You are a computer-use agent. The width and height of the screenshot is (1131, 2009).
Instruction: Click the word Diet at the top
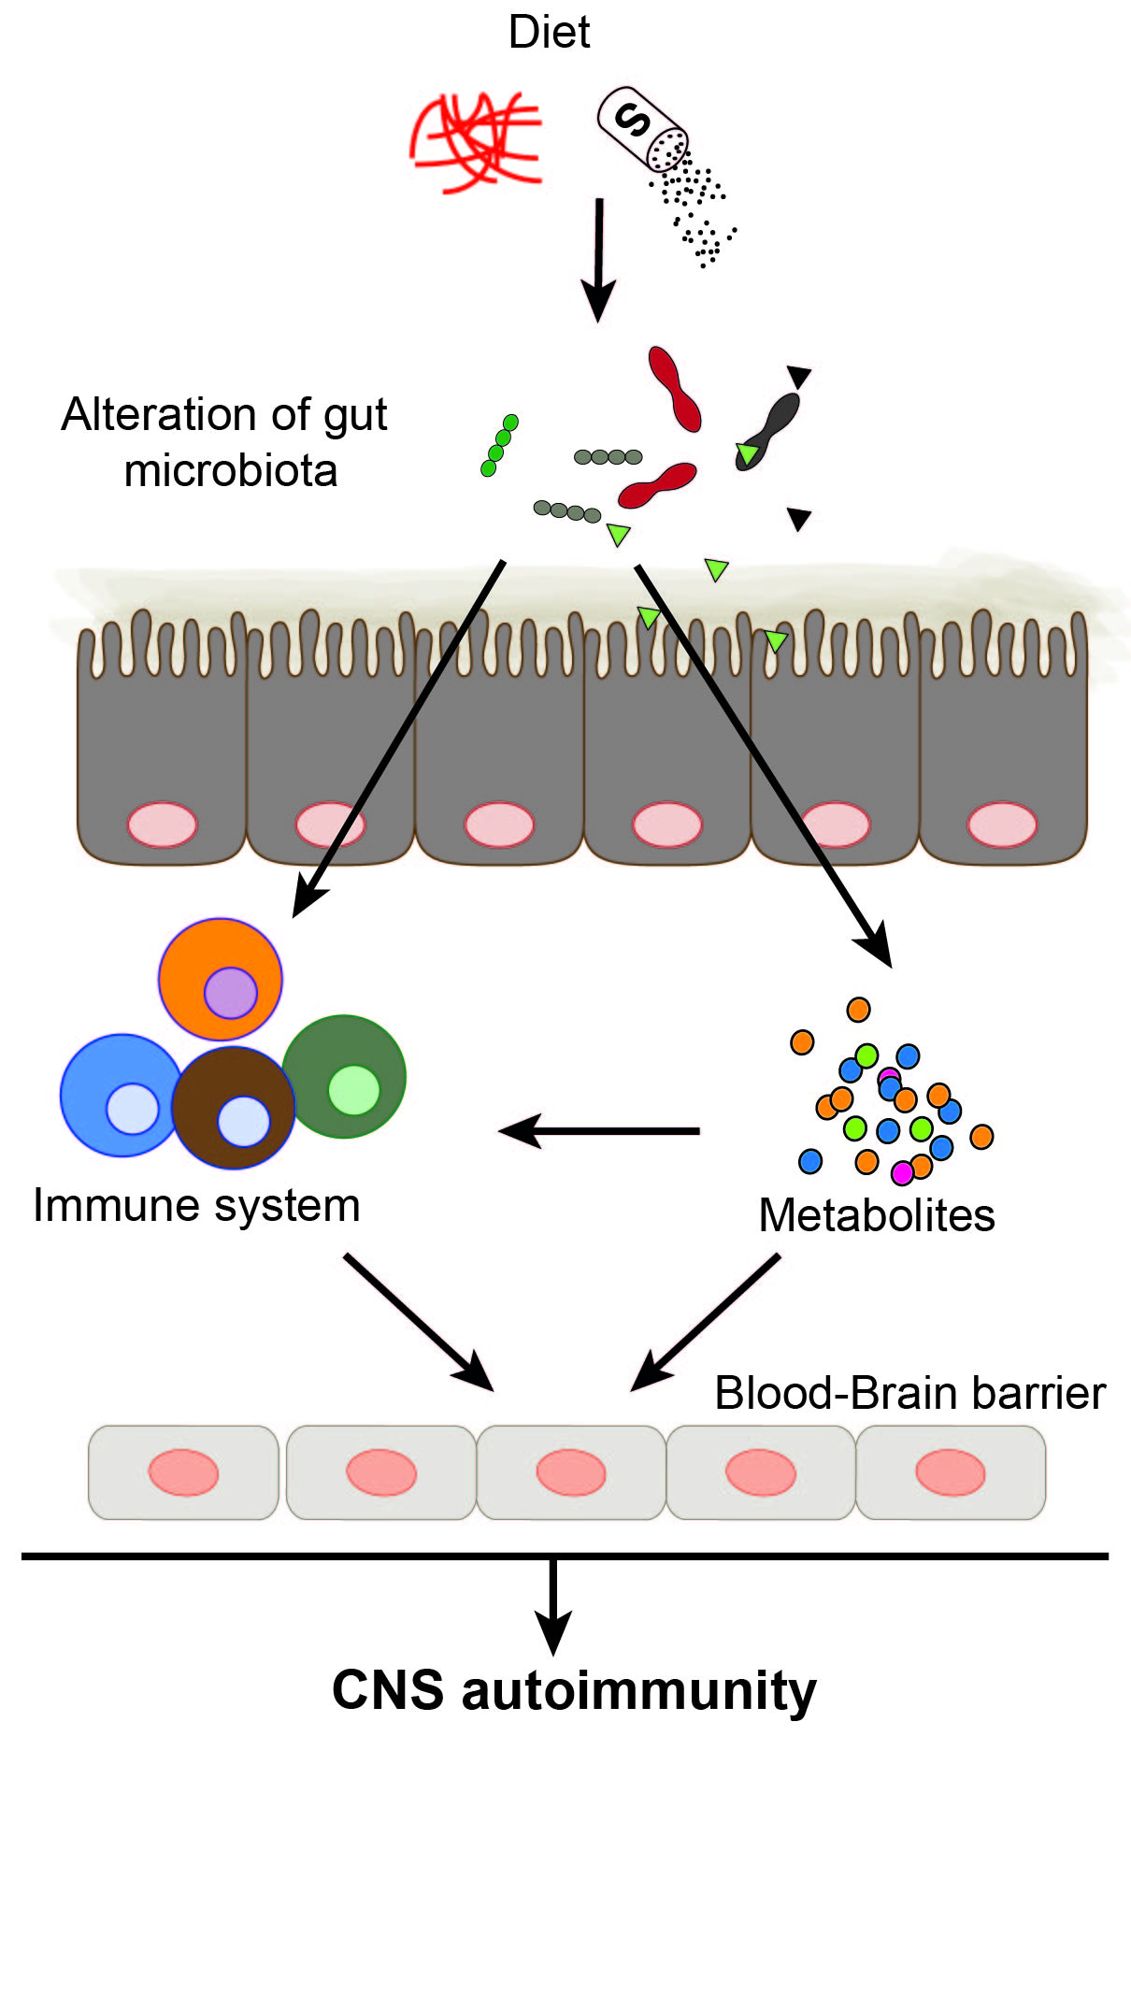[x=549, y=33]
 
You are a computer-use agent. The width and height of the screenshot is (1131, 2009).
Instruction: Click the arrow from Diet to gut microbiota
[x=598, y=257]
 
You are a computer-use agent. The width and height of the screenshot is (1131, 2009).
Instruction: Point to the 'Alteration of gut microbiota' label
[x=225, y=442]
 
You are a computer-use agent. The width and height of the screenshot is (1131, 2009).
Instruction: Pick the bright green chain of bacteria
[x=499, y=445]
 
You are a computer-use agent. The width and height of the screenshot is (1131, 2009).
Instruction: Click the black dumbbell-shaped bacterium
[x=769, y=429]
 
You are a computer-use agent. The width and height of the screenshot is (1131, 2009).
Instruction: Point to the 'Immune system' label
[x=196, y=1206]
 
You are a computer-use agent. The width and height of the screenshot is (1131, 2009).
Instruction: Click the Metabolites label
[x=876, y=1216]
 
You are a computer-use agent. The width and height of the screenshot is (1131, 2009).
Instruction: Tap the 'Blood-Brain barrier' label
[x=909, y=1393]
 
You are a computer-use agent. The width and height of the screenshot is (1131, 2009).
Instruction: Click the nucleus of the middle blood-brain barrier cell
[x=571, y=1472]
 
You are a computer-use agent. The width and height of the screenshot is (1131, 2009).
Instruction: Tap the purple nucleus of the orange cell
[x=231, y=992]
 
